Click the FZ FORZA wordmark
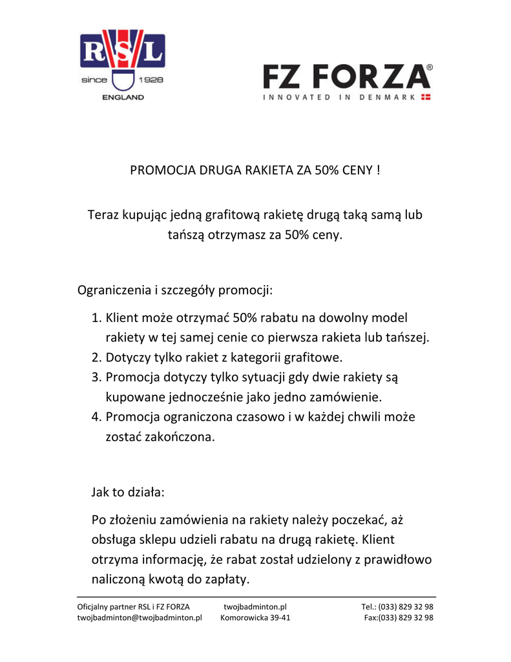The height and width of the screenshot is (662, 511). pyautogui.click(x=347, y=78)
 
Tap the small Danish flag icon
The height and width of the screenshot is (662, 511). pyautogui.click(x=426, y=98)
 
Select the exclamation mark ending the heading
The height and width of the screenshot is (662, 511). pyautogui.click(x=377, y=171)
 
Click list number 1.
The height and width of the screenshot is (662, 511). pyautogui.click(x=96, y=318)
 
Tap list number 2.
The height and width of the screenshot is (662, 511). pyautogui.click(x=96, y=358)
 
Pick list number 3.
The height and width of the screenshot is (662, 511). pyautogui.click(x=96, y=377)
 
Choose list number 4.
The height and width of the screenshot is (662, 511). pyautogui.click(x=96, y=417)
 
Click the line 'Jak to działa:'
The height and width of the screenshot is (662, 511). pyautogui.click(x=128, y=492)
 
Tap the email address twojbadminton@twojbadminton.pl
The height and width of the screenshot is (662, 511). pyautogui.click(x=140, y=618)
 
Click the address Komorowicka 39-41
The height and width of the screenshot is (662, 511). pyautogui.click(x=255, y=618)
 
